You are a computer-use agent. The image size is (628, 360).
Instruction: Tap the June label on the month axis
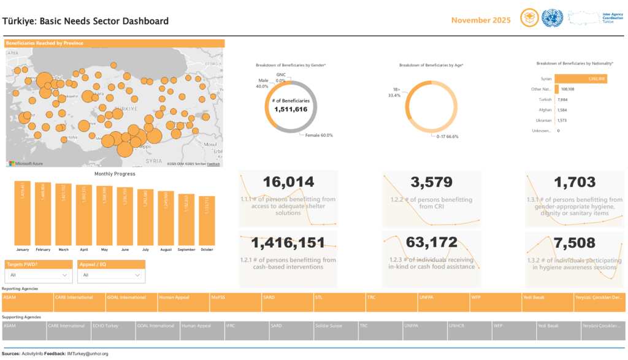coord(125,250)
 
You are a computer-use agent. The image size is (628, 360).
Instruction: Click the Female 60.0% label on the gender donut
coord(319,135)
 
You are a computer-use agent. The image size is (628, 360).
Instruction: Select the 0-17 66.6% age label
coord(448,136)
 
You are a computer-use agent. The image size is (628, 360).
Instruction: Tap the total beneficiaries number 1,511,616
coord(291,109)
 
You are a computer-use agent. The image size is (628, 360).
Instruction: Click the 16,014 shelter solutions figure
coord(288,182)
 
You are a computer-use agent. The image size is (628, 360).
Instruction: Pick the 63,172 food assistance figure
coord(431,242)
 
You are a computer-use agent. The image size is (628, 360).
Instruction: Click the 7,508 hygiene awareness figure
coord(574,242)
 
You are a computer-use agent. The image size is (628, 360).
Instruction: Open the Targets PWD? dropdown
coord(38,276)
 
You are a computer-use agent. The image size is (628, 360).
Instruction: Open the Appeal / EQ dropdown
coord(111,276)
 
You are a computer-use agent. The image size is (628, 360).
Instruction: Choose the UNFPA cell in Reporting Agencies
coord(443,302)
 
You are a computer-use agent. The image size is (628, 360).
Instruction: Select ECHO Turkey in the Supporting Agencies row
coord(113,331)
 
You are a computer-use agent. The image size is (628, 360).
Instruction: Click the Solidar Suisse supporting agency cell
coord(335,331)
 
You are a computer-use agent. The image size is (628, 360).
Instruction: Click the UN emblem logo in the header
coord(552,18)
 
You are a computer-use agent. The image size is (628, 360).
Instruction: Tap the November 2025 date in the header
coord(481,20)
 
